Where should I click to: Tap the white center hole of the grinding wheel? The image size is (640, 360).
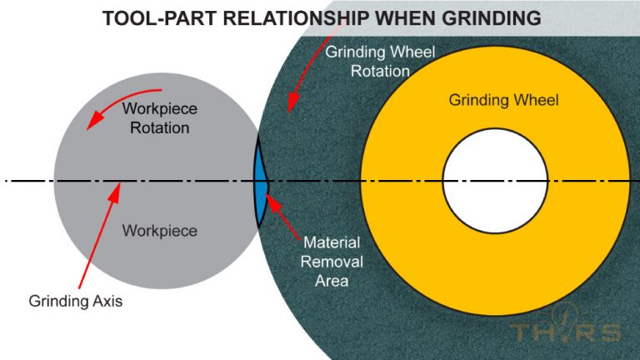pos(494,181)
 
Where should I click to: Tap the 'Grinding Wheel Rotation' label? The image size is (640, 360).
pos(380,61)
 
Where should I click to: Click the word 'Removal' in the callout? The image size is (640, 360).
pos(331,262)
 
